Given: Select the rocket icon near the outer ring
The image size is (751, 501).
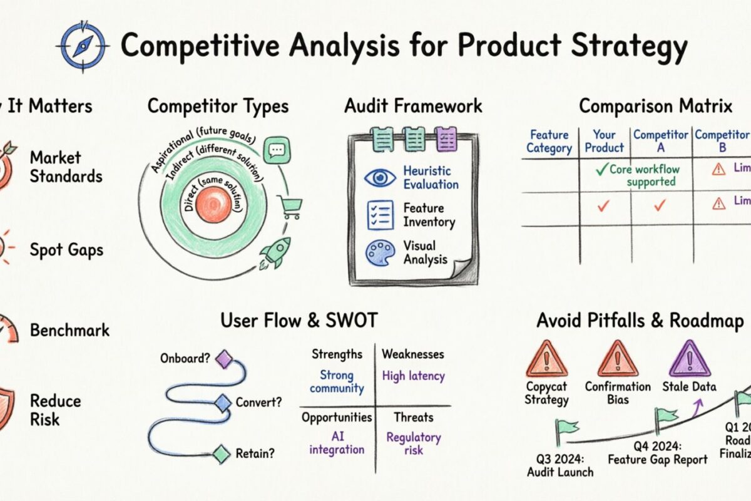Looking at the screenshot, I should pyautogui.click(x=275, y=252).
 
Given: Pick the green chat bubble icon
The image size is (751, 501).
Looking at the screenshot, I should pyautogui.click(x=275, y=151).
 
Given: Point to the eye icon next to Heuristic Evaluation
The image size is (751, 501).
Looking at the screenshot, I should pyautogui.click(x=380, y=177).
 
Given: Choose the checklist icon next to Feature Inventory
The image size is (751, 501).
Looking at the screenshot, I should pyautogui.click(x=380, y=215).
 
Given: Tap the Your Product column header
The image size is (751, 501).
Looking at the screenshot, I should pyautogui.click(x=605, y=141).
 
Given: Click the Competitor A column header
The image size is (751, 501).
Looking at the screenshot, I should pyautogui.click(x=660, y=141).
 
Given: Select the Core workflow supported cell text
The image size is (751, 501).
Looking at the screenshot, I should pyautogui.click(x=645, y=175).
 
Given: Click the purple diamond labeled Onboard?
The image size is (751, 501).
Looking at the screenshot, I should pyautogui.click(x=223, y=359).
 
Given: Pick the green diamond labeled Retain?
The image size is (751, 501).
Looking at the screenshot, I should pyautogui.click(x=220, y=453).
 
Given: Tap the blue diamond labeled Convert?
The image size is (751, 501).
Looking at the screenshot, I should pyautogui.click(x=223, y=403).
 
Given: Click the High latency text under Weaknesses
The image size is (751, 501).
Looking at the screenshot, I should pyautogui.click(x=413, y=376).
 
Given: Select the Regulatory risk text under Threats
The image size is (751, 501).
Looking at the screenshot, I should pyautogui.click(x=413, y=443).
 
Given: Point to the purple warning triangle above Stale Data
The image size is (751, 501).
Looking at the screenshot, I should pyautogui.click(x=689, y=358).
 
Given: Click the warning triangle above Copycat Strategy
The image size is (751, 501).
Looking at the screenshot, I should pyautogui.click(x=546, y=358).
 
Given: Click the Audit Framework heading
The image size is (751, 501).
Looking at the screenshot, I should pyautogui.click(x=413, y=106).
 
